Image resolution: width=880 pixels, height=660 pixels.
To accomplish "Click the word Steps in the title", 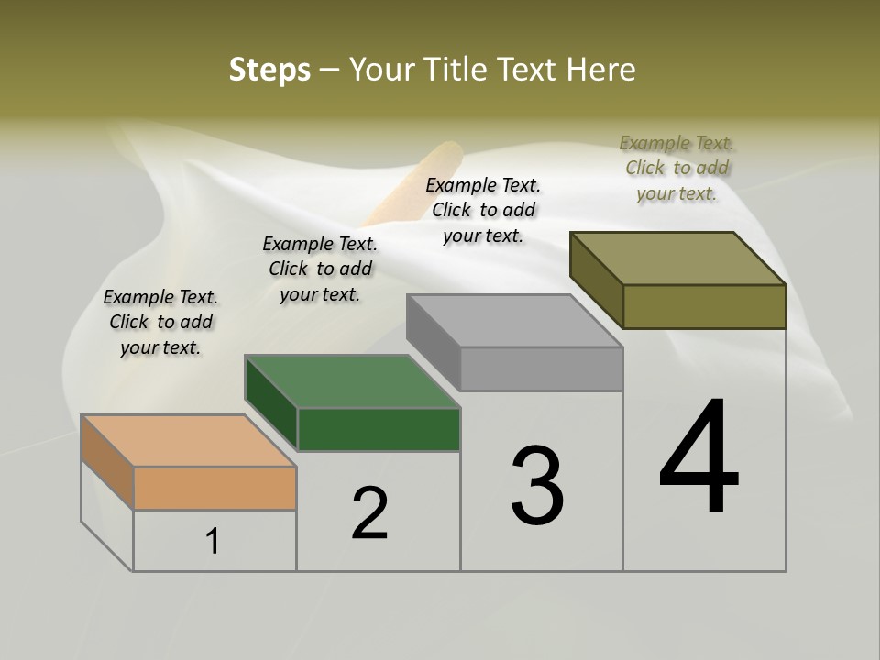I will point(269,70).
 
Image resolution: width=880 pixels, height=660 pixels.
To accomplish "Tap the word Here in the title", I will point(600,70).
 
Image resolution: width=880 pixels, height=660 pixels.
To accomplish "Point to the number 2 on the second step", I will point(370,513).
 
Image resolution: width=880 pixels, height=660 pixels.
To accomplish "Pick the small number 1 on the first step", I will point(213,541).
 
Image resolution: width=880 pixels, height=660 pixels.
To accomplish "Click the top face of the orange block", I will point(188,440).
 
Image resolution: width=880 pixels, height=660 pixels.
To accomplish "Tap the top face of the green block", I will point(353,380).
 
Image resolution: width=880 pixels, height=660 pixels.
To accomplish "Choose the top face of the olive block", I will point(678,258).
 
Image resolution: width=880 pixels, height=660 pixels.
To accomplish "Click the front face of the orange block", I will point(214,488).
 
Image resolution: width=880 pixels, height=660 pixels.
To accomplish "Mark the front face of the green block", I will point(379,429).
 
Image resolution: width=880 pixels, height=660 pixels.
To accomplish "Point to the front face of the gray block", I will point(541,368).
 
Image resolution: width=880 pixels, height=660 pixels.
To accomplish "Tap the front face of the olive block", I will point(704,306).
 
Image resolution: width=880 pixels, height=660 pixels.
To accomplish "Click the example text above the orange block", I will point(160,322).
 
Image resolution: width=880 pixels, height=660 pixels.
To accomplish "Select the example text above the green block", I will point(320,269).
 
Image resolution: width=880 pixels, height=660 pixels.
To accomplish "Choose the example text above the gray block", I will point(483,210).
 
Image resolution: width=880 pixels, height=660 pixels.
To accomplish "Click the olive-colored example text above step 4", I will point(676,168).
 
